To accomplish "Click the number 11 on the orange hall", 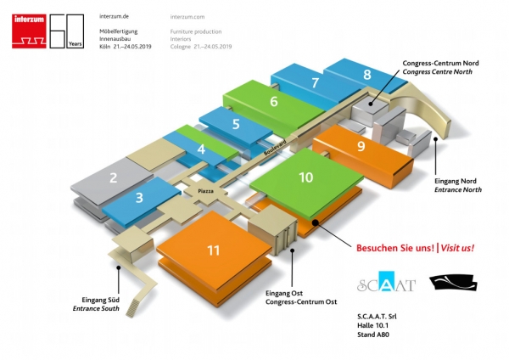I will tap(213, 250).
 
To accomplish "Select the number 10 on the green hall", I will tap(305, 177).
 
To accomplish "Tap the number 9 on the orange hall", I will tap(361, 146).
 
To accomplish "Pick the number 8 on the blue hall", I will tap(366, 75).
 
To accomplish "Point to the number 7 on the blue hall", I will tap(315, 83).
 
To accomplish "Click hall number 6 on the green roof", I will tap(273, 102).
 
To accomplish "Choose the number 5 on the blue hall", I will tap(235, 124).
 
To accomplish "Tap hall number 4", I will tap(200, 149).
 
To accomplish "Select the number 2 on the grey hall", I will tap(113, 179).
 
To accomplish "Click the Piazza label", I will tap(206, 192).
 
